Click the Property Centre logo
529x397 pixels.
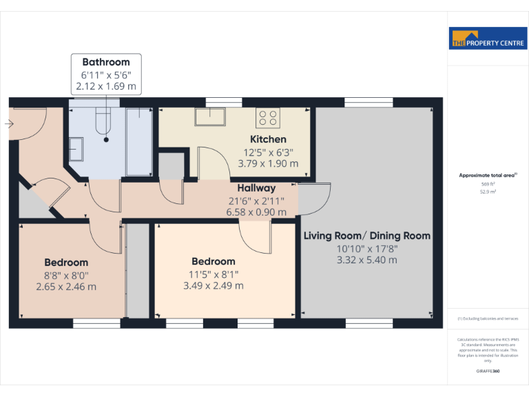488,39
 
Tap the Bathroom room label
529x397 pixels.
106,62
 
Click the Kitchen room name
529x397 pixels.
268,139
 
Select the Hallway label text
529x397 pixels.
256,188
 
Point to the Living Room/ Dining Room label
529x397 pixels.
367,236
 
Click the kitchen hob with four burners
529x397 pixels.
268,118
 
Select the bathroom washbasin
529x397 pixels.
76,148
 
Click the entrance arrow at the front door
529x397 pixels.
8,124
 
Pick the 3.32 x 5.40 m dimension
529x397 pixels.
367,260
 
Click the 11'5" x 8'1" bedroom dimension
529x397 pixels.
214,274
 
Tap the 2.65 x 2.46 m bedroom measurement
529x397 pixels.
66,287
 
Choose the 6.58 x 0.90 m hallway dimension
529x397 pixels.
256,212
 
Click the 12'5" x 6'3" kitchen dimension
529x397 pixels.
268,152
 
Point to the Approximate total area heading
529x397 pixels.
488,176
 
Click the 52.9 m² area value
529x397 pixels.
488,192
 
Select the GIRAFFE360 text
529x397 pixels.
488,371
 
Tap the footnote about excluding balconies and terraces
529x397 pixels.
488,318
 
